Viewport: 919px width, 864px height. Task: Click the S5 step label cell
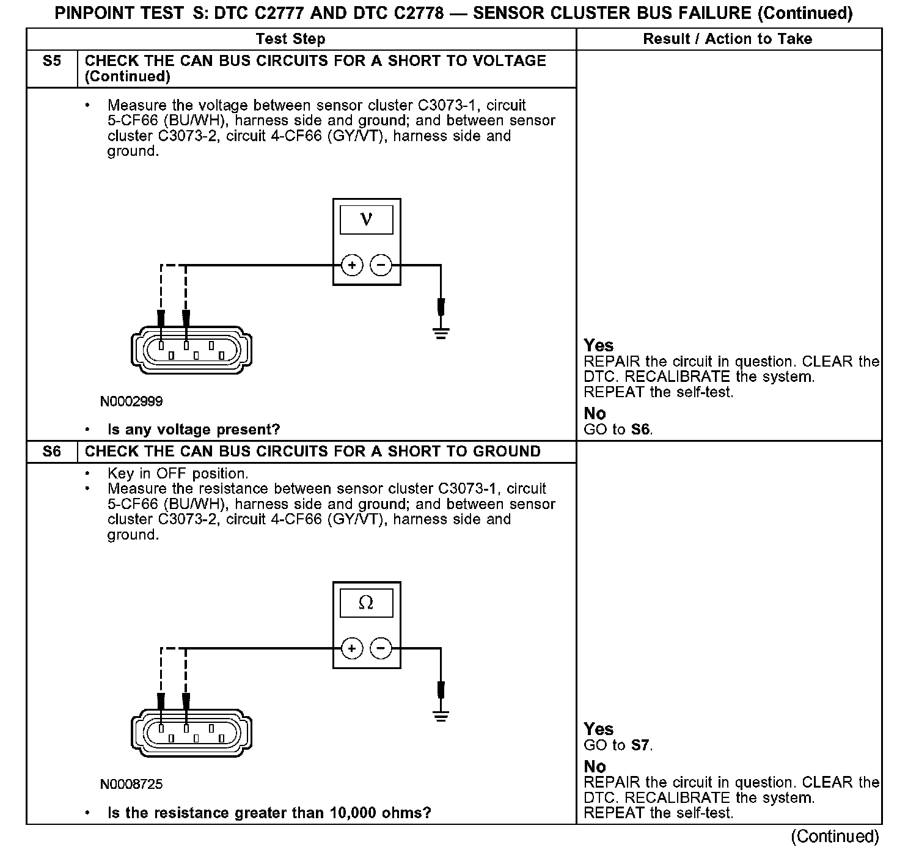click(52, 61)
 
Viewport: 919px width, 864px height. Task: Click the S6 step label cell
click(52, 452)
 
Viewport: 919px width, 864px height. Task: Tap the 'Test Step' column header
click(290, 39)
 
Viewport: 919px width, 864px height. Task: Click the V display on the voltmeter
click(366, 219)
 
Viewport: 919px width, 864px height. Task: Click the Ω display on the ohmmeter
click(366, 602)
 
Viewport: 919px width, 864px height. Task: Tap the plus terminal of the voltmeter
click(351, 265)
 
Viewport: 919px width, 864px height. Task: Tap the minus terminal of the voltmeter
click(381, 265)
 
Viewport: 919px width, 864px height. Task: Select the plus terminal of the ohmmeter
click(351, 648)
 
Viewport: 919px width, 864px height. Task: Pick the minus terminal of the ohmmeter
click(381, 648)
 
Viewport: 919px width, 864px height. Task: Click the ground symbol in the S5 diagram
click(441, 332)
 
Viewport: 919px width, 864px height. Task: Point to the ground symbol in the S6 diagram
click(441, 716)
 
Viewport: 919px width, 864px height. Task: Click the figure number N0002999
click(131, 401)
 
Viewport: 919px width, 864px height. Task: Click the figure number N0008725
click(131, 784)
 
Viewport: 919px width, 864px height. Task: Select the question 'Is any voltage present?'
click(193, 430)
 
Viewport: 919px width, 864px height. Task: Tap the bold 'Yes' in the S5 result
click(598, 345)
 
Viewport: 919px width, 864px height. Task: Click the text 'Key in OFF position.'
click(177, 474)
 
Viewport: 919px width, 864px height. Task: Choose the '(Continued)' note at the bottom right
click(835, 837)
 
